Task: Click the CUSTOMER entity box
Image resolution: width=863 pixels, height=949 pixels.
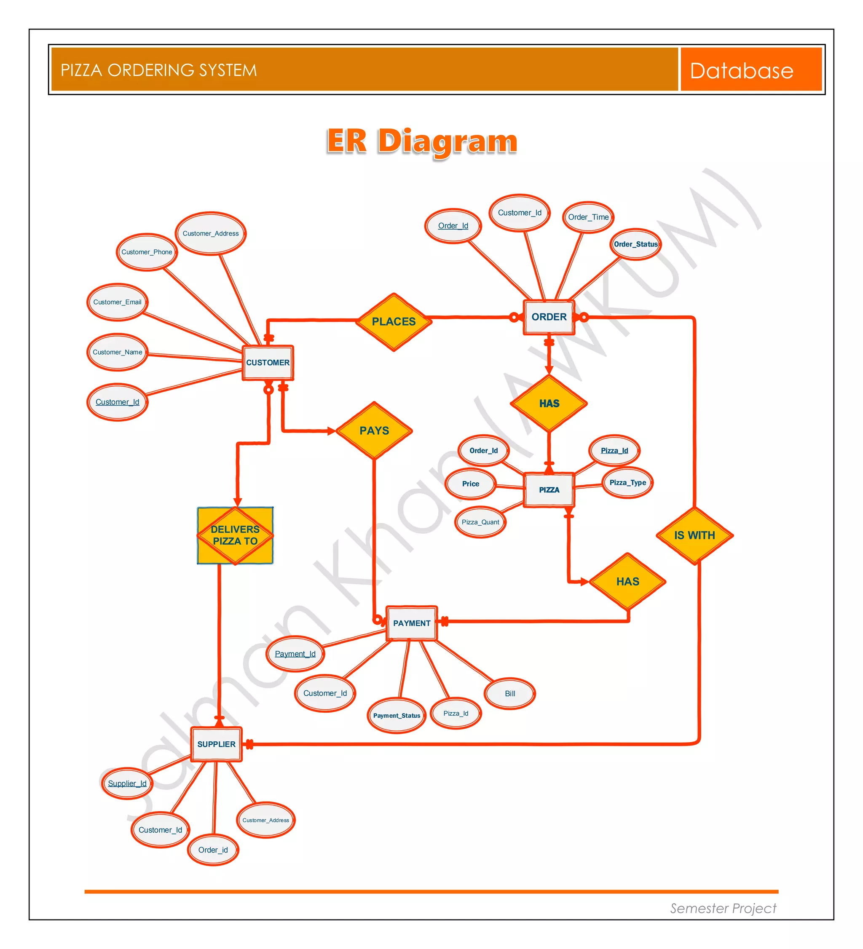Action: click(x=268, y=363)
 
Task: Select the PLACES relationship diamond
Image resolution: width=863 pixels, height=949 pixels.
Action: click(x=394, y=321)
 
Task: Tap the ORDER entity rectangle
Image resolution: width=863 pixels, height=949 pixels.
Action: click(x=549, y=317)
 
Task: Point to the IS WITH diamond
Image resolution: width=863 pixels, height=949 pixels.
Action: click(x=694, y=535)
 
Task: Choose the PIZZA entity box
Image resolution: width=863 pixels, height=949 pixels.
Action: click(x=549, y=489)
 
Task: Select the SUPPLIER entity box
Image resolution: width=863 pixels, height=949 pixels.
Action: click(x=216, y=744)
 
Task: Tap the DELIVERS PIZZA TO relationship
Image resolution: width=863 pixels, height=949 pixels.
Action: click(x=235, y=535)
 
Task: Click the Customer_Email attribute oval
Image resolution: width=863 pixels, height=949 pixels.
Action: click(x=117, y=302)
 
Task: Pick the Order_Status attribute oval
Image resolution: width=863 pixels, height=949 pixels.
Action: click(x=635, y=244)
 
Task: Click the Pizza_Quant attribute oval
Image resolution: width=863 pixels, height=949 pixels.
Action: click(x=480, y=522)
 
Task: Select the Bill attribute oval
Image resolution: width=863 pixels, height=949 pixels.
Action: click(x=509, y=693)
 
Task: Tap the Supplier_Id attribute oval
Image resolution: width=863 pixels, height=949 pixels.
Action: click(x=127, y=783)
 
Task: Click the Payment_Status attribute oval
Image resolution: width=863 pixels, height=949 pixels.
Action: click(x=397, y=716)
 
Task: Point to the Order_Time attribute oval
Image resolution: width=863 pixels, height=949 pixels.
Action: click(x=588, y=217)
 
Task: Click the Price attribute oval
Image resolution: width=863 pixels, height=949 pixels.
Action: click(x=470, y=484)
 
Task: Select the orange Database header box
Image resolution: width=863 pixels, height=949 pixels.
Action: click(x=750, y=70)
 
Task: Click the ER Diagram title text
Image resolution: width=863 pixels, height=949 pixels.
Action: click(x=422, y=141)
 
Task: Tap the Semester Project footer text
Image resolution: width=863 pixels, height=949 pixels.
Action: click(x=723, y=908)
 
